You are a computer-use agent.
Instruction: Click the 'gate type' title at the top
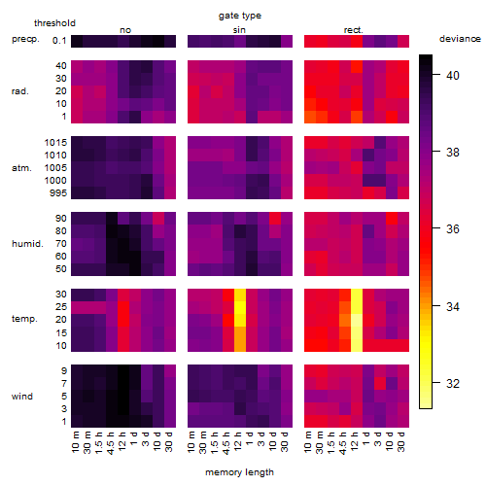[240, 16]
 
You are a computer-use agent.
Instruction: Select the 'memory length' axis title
[239, 472]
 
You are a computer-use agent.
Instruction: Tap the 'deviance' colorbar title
[460, 39]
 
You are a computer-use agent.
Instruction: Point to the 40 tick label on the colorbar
[453, 76]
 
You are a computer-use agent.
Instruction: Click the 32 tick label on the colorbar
[453, 384]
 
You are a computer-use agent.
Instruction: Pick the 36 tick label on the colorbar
[453, 229]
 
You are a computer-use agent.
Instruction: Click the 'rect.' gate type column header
[354, 30]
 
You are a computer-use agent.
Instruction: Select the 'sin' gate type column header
[239, 30]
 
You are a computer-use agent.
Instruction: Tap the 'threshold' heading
[54, 23]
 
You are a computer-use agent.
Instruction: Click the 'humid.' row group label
[27, 244]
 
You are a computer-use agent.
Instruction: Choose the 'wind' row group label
[22, 397]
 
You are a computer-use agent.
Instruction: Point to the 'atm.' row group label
[21, 168]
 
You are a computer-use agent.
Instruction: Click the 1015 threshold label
[55, 143]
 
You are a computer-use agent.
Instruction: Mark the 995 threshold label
[58, 193]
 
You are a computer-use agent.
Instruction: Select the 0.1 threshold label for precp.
[59, 41]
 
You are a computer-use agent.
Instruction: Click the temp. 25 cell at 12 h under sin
[240, 307]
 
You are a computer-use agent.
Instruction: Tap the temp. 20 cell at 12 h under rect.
[357, 320]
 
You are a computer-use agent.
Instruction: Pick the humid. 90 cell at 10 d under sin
[275, 219]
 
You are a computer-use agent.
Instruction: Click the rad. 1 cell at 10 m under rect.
[310, 117]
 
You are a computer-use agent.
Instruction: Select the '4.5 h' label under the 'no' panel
[111, 442]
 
